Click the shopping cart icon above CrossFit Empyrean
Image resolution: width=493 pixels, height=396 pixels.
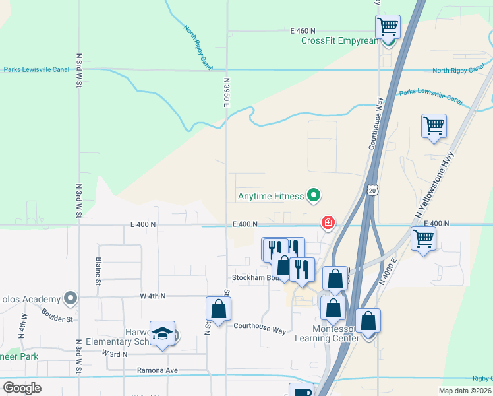388,27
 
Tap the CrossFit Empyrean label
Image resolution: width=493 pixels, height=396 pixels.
340,40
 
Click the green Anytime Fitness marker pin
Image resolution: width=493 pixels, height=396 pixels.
314,195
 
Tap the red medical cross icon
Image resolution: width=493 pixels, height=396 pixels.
327,224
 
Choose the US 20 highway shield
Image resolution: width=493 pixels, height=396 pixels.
373,190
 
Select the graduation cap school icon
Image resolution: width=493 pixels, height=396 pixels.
161,333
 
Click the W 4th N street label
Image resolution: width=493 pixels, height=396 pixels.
152,296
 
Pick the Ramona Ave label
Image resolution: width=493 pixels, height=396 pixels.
158,370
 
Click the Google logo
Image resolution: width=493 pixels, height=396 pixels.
22,388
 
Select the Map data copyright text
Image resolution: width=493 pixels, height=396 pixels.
465,391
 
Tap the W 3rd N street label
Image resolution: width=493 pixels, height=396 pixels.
115,354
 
